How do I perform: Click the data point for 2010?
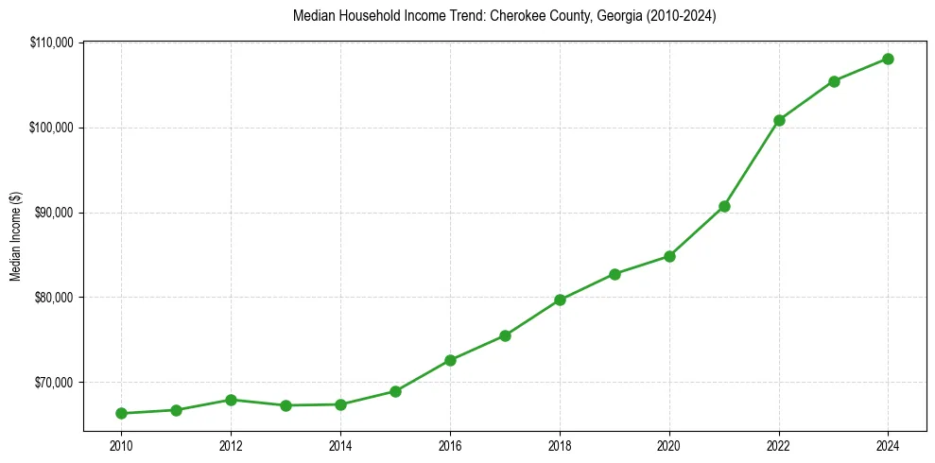121,413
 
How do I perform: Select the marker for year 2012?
231,400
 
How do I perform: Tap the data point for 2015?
395,391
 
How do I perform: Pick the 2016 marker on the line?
450,360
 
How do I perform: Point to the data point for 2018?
560,300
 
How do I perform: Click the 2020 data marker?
669,256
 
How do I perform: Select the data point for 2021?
724,206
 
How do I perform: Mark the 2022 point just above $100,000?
779,120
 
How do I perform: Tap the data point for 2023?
834,81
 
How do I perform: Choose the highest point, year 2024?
889,59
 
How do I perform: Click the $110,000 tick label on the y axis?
56,43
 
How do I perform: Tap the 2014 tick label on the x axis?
340,445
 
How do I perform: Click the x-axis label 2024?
889,445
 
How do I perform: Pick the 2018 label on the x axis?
560,445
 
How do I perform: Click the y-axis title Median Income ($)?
15,236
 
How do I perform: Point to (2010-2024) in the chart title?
681,16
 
